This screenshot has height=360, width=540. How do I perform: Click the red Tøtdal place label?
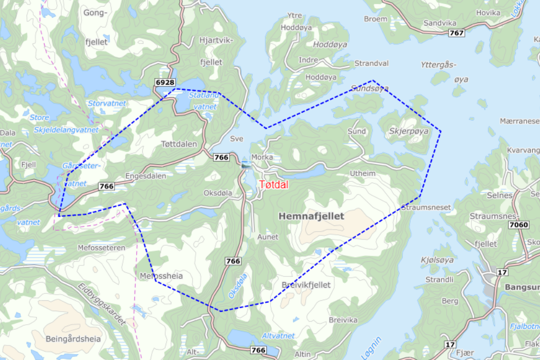point(274,184)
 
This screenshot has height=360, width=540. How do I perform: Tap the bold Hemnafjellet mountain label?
point(311,216)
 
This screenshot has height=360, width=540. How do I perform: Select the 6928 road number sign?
point(165,83)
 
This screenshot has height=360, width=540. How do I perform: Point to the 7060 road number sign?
point(519,225)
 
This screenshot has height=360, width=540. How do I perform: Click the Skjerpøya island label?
point(409,131)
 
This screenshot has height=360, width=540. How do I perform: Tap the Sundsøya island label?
point(370,88)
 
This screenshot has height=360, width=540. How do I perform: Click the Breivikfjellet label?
point(306,285)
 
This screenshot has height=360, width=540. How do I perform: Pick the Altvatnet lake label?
point(278,336)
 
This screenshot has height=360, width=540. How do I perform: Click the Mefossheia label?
point(161,276)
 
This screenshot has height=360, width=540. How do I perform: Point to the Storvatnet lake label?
point(107,103)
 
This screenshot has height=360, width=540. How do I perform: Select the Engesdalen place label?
point(145,176)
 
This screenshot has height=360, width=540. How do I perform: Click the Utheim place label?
point(362,173)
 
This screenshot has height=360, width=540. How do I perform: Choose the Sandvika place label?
point(440,23)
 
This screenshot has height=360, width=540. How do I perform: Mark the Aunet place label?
point(268,237)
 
